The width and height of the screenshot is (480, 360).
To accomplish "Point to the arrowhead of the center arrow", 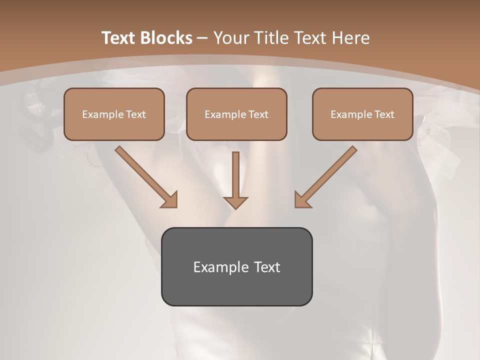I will click(x=235, y=202).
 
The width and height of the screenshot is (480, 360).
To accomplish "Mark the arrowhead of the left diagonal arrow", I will click(x=170, y=199).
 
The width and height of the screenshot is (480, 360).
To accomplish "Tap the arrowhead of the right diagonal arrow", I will click(x=302, y=199).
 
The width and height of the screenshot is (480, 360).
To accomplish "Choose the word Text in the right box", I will click(x=384, y=114).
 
